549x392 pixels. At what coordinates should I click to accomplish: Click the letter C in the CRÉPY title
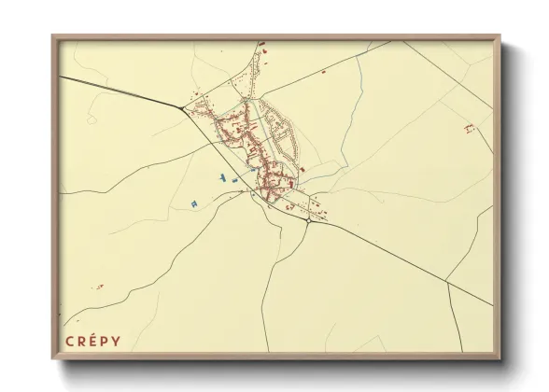70,341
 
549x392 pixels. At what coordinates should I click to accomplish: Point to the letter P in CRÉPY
106,341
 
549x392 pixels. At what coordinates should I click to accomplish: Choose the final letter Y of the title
118,341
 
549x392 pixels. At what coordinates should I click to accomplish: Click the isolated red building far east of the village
470,127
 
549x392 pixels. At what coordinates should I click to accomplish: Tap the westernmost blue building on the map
193,203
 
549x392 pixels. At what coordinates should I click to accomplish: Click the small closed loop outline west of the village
91,119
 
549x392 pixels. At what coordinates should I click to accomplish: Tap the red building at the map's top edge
261,43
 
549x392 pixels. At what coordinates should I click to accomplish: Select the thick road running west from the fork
121,91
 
